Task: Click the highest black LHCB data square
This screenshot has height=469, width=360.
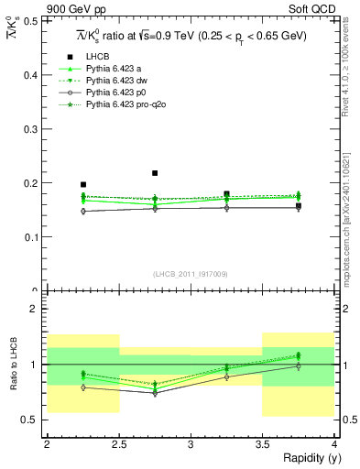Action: [155, 172]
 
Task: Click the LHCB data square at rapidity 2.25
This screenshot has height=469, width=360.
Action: [83, 184]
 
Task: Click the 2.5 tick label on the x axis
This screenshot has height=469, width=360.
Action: [118, 443]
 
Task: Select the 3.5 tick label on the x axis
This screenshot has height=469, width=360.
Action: [262, 443]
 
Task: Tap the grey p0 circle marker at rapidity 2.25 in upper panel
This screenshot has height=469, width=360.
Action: [83, 211]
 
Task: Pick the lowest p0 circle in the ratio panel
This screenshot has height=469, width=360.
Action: [155, 393]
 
